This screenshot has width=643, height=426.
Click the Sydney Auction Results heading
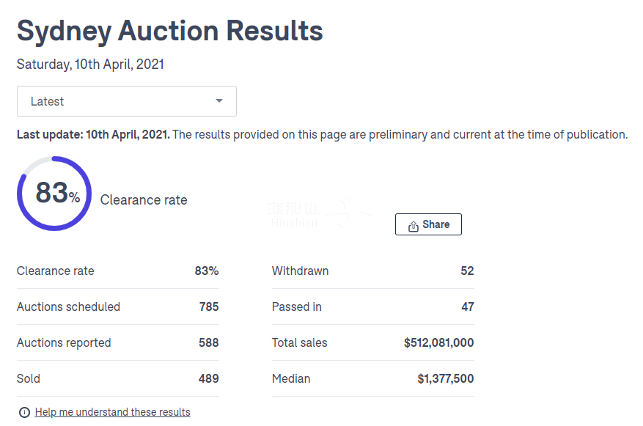click(169, 31)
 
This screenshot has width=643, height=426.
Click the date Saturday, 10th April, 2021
click(90, 65)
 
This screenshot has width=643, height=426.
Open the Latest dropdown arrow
click(218, 101)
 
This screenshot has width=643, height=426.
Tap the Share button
click(428, 224)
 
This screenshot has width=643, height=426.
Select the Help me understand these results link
click(112, 412)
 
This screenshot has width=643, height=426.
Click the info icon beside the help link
click(24, 412)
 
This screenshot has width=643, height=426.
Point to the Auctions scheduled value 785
click(209, 306)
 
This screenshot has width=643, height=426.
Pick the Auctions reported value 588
click(209, 342)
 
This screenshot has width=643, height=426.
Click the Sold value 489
click(209, 378)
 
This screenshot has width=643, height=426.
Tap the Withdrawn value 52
click(467, 271)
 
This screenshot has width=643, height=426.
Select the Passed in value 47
click(467, 306)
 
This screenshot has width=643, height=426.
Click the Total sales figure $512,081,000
click(438, 342)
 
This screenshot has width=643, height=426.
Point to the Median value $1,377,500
click(445, 378)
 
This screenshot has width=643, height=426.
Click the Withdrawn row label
click(300, 271)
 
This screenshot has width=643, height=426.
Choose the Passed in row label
click(296, 306)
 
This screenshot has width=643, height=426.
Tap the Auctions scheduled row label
click(68, 306)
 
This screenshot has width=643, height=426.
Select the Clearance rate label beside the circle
click(144, 200)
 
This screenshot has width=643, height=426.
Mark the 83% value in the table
click(206, 271)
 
